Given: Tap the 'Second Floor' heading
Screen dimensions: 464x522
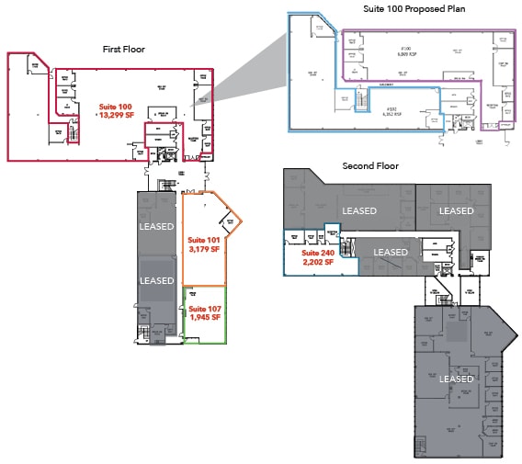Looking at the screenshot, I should pyautogui.click(x=369, y=166).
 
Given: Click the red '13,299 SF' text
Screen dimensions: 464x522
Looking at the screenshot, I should pyautogui.click(x=115, y=117).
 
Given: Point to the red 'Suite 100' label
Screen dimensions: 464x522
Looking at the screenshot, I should pyautogui.click(x=115, y=108).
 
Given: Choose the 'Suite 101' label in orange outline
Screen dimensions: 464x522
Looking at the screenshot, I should pyautogui.click(x=204, y=241).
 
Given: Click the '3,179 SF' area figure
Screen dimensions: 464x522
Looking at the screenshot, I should pyautogui.click(x=204, y=250).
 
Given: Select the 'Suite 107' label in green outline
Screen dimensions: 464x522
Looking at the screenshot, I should pyautogui.click(x=205, y=309).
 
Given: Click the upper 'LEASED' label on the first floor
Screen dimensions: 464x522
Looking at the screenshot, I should pyautogui.click(x=156, y=226).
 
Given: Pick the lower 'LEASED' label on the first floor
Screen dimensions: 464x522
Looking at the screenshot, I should pyautogui.click(x=156, y=280).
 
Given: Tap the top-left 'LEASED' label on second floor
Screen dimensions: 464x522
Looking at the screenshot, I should pyautogui.click(x=358, y=210).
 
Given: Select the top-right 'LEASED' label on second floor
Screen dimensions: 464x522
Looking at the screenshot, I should pyautogui.click(x=456, y=210).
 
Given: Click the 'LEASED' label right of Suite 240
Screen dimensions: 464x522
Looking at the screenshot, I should pyautogui.click(x=390, y=252).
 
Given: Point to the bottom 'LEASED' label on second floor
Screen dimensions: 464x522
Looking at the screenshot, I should pyautogui.click(x=456, y=379).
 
